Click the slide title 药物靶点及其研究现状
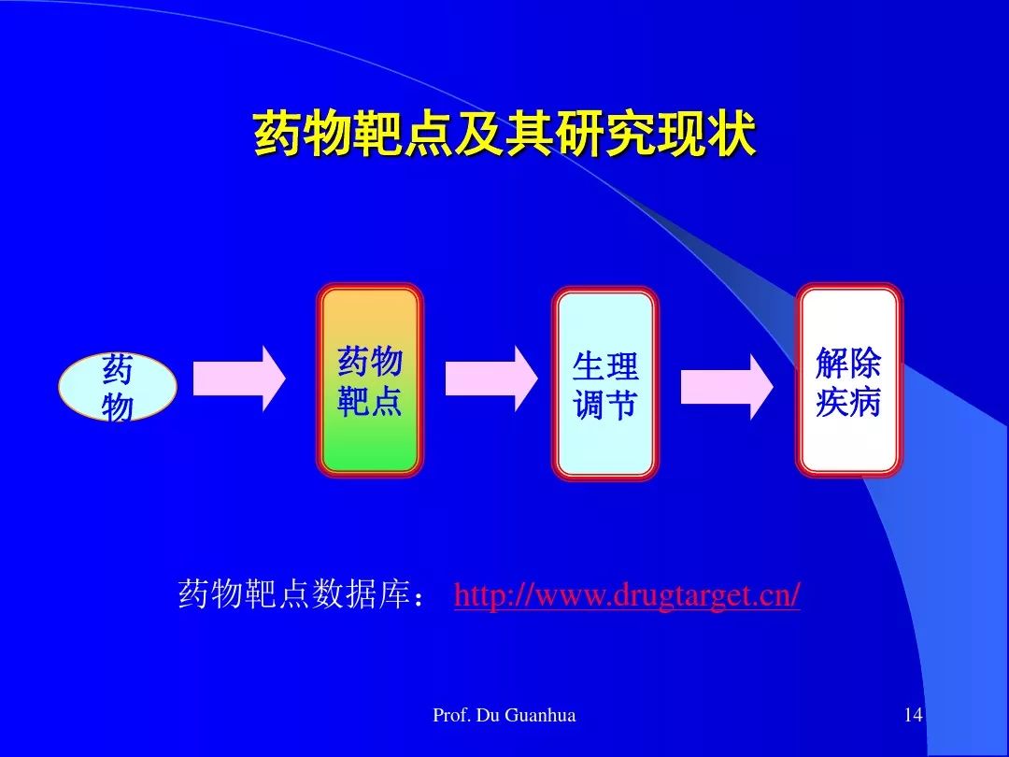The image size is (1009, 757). pyautogui.click(x=504, y=134)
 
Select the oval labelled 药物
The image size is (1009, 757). pyautogui.click(x=118, y=387)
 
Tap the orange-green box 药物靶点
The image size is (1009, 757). pyautogui.click(x=370, y=380)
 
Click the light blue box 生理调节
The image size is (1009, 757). pyautogui.click(x=604, y=384)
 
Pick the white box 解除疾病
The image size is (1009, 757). pyautogui.click(x=848, y=380)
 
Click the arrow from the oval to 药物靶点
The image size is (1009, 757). pyautogui.click(x=239, y=378)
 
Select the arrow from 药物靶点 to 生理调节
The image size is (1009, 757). pyautogui.click(x=491, y=378)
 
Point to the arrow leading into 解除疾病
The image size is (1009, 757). pyautogui.click(x=727, y=387)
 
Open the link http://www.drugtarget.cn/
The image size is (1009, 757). pyautogui.click(x=627, y=594)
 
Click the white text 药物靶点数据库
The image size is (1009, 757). pyautogui.click(x=294, y=593)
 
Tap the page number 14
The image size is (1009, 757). pyautogui.click(x=913, y=715)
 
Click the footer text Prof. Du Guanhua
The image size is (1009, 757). pyautogui.click(x=504, y=715)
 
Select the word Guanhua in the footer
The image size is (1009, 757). pyautogui.click(x=541, y=715)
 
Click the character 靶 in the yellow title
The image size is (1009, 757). pyautogui.click(x=378, y=134)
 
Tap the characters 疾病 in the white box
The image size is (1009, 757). pyautogui.click(x=848, y=402)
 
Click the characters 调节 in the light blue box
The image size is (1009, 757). pyautogui.click(x=604, y=406)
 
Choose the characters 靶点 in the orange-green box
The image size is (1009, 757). pyautogui.click(x=370, y=400)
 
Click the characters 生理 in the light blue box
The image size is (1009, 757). pyautogui.click(x=604, y=366)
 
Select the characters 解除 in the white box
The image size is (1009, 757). pyautogui.click(x=848, y=363)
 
